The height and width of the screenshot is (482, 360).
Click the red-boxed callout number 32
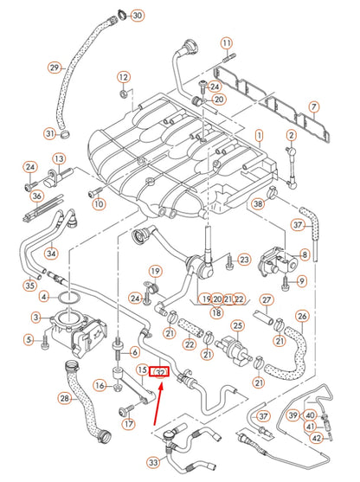(x=159, y=372)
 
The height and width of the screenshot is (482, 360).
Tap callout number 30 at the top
(x=138, y=16)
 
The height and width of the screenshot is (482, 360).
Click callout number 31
(x=50, y=133)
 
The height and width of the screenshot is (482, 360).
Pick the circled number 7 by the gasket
(x=314, y=108)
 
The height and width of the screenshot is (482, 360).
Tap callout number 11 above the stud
(x=227, y=43)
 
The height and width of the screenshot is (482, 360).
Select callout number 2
(x=292, y=136)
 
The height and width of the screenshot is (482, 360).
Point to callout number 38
(x=257, y=204)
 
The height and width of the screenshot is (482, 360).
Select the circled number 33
(x=154, y=463)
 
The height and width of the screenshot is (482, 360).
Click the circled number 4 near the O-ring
(x=44, y=296)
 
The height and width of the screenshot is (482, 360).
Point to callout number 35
(x=32, y=285)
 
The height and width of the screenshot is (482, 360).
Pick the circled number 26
(x=302, y=316)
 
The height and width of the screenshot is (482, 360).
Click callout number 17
(x=129, y=424)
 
